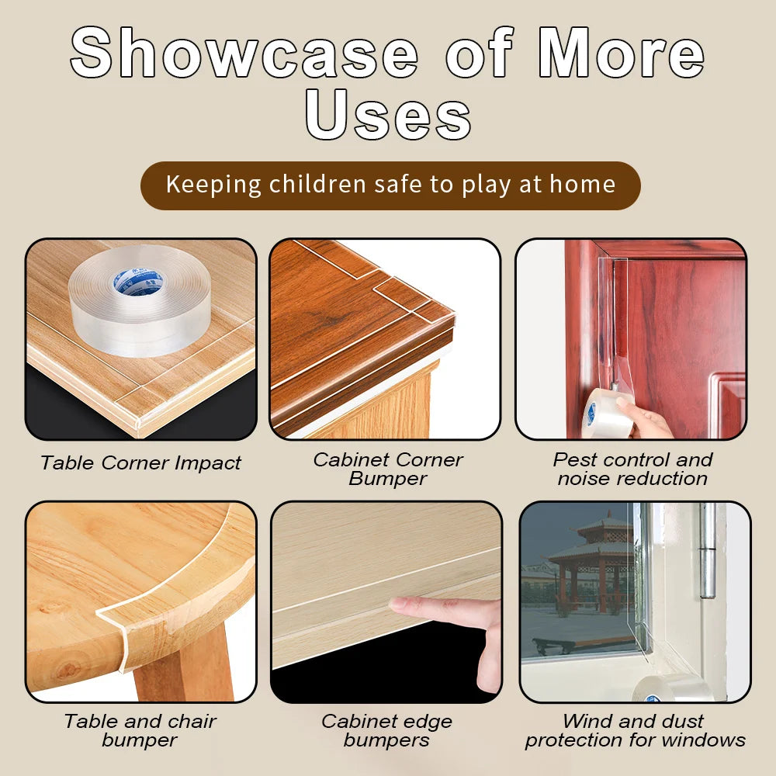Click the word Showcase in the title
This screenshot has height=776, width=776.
click(244, 53)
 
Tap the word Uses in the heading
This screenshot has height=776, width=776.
click(388, 116)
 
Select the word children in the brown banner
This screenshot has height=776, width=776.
click(317, 185)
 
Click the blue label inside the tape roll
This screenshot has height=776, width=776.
click(139, 281)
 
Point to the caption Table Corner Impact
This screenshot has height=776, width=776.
click(140, 463)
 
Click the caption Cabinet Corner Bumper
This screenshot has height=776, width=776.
click(387, 469)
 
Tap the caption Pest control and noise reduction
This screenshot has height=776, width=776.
click(632, 469)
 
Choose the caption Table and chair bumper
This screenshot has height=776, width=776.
click(140, 730)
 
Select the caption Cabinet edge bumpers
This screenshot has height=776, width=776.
click(386, 730)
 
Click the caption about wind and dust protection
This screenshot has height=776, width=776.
click(635, 730)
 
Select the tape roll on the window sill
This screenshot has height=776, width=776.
click(671, 688)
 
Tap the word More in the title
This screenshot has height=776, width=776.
click(621, 53)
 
